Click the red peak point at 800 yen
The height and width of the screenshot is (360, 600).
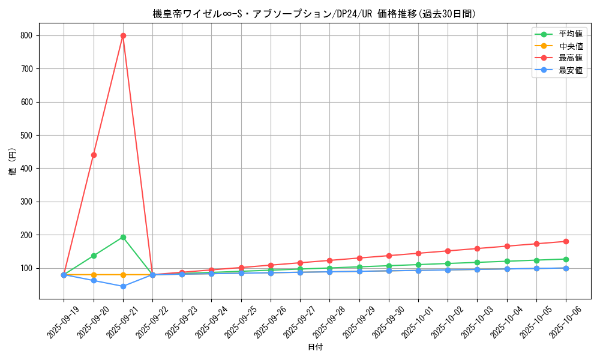pos(123,35)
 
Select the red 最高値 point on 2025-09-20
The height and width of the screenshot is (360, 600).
pos(94,155)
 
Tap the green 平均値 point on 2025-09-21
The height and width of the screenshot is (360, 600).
pos(123,237)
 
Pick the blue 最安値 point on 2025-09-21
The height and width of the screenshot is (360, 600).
pos(123,286)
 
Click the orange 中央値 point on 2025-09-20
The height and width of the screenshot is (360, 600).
pos(94,275)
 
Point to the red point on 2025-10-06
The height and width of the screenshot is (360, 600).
pos(566,241)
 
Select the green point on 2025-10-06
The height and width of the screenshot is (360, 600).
pos(566,259)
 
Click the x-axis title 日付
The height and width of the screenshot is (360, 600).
pos(315,347)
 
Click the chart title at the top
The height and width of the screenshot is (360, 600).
pos(314,14)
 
